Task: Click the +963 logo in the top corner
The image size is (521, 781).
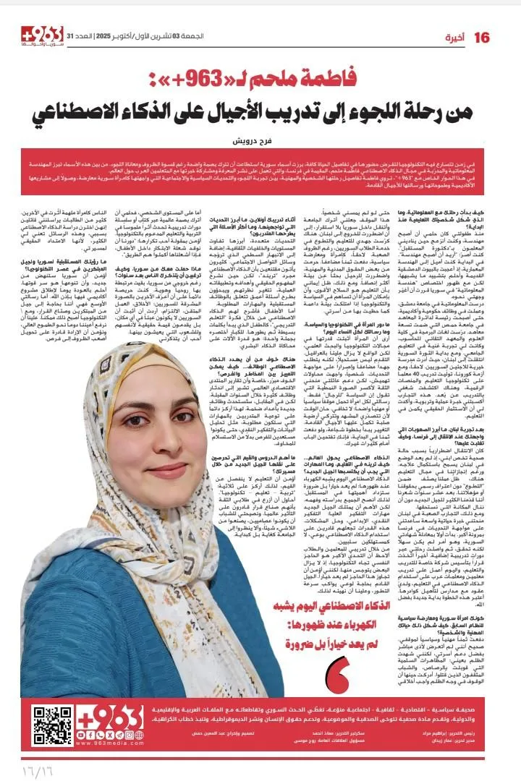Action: click(x=43, y=35)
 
